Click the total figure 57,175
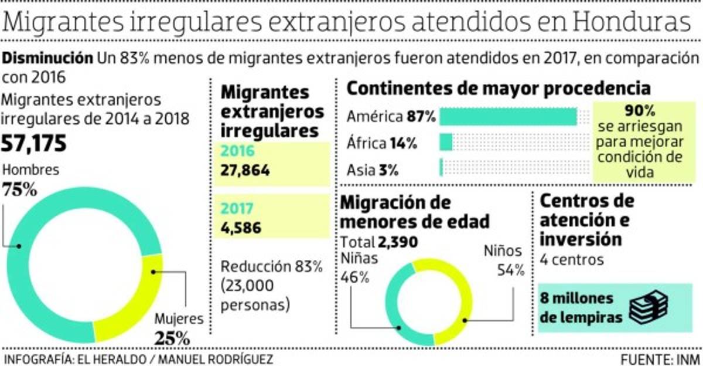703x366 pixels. (x=36, y=143)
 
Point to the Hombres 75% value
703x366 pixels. (x=20, y=190)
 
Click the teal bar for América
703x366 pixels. (x=508, y=117)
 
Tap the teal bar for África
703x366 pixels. (x=446, y=143)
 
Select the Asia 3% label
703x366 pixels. (x=373, y=170)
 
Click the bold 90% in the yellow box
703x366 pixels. (x=640, y=111)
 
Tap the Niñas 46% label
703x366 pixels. (x=359, y=267)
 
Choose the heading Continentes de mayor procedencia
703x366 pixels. (x=499, y=88)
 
